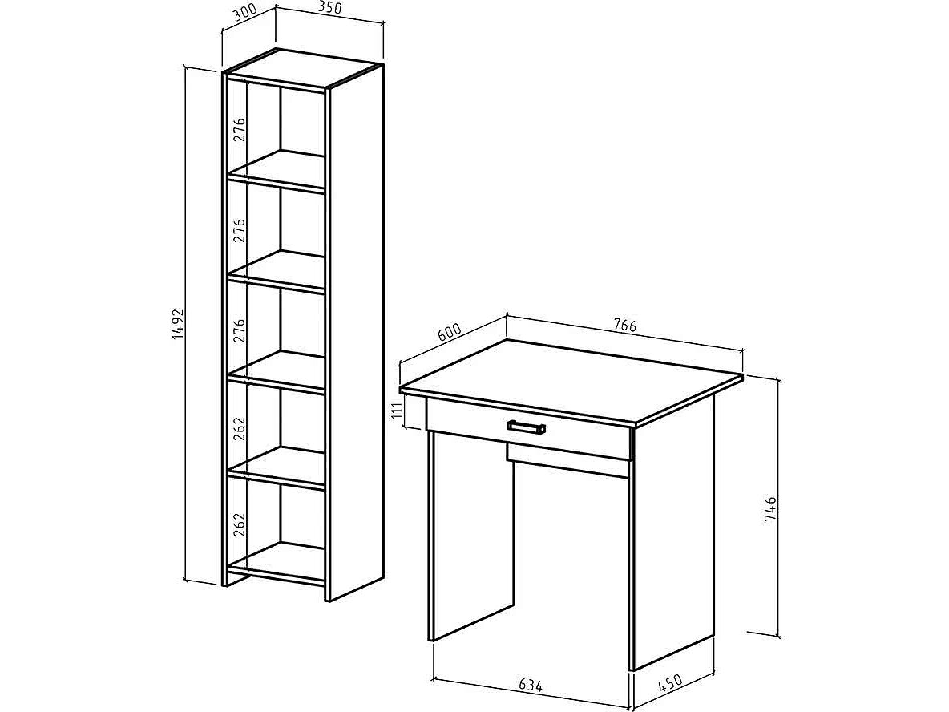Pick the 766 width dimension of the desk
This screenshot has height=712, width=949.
click(x=624, y=325)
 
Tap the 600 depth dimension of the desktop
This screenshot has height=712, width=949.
click(x=449, y=334)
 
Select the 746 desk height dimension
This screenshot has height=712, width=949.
click(x=770, y=509)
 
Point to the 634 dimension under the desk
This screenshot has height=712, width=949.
click(x=530, y=686)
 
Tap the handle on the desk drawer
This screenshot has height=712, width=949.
click(x=526, y=427)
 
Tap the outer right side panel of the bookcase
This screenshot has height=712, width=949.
click(x=354, y=334)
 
